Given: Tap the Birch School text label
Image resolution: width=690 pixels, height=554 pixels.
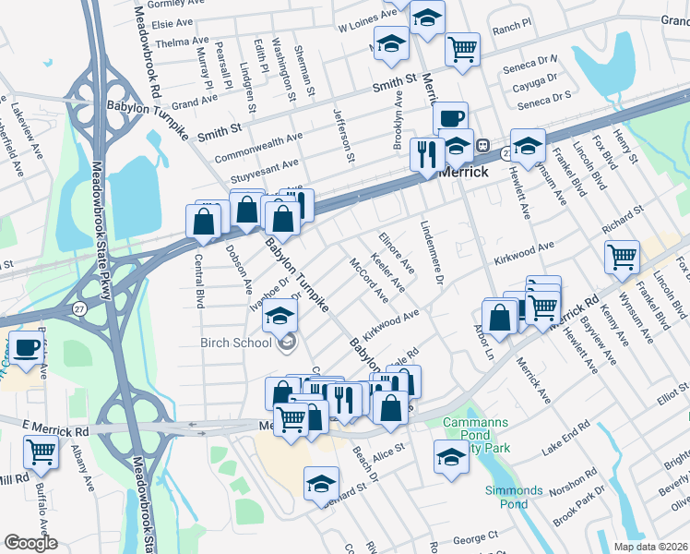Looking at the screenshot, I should point(235,343).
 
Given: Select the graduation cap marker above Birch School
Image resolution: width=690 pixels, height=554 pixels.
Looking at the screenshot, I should point(280,316).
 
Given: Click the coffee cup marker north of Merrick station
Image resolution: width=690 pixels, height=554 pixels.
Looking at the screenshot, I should point(450,118).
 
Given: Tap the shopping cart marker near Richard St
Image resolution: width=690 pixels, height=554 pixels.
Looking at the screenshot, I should point(623,256).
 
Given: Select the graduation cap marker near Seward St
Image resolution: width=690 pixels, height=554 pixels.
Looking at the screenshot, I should point(321,483).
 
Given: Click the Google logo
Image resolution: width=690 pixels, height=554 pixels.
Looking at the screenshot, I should point(30,543).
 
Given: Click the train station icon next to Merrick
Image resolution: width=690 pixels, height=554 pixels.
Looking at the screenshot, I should point(482,151).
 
